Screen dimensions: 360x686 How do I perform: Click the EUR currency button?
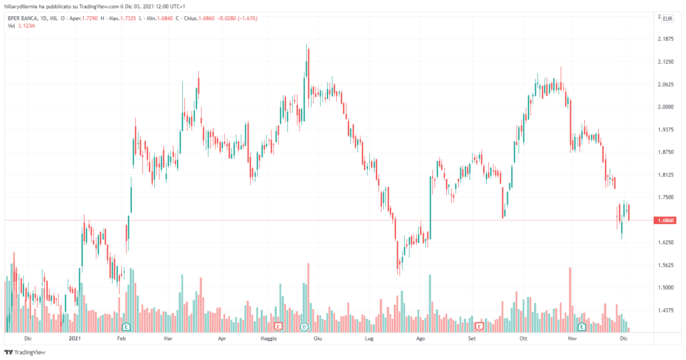(x=667, y=18)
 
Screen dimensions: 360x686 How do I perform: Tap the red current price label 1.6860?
(x=667, y=221)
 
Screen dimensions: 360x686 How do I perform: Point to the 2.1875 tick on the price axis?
(x=666, y=39)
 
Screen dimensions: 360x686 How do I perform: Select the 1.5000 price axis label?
(x=666, y=288)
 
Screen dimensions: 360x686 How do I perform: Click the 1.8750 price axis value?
(x=666, y=152)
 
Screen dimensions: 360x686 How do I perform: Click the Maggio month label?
(x=269, y=340)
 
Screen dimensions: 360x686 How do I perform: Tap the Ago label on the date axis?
(x=420, y=340)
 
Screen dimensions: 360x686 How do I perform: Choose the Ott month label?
(x=524, y=340)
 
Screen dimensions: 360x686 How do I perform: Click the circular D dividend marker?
(x=304, y=326)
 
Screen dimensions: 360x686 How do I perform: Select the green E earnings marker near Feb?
(x=125, y=326)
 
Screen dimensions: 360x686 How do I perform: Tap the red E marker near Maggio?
(x=279, y=326)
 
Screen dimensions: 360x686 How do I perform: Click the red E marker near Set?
(x=479, y=326)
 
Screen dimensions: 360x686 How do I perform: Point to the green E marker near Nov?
(x=581, y=326)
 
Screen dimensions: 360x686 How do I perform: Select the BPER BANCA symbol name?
(x=27, y=18)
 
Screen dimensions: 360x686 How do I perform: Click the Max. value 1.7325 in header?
(x=124, y=18)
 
